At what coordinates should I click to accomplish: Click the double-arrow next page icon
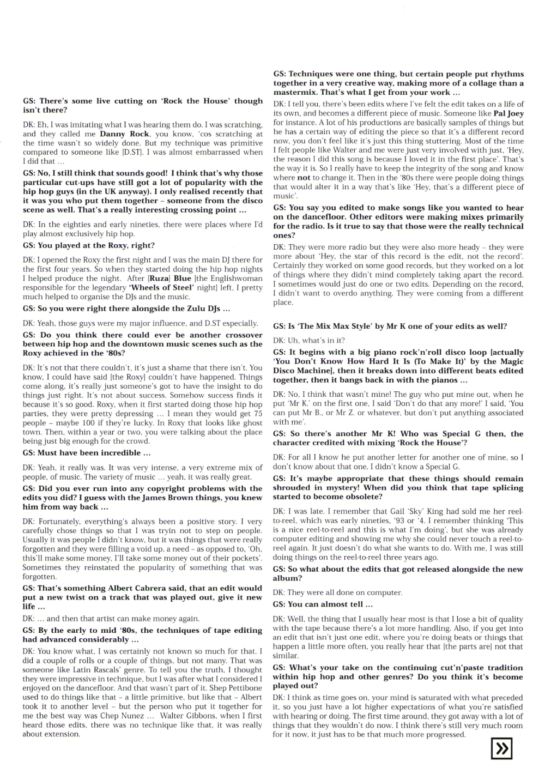coord(501,748)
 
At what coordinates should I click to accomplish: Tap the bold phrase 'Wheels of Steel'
coord(160,287)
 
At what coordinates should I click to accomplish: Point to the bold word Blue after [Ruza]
coord(183,279)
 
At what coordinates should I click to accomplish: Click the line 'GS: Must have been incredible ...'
coord(87,453)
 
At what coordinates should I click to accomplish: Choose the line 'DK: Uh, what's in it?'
coord(308,340)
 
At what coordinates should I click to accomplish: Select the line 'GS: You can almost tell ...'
coord(323,604)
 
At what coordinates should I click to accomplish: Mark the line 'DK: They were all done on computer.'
coord(337,592)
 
